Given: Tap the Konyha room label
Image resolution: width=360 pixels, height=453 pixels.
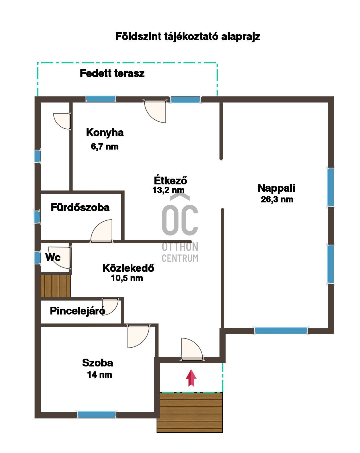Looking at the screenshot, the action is pos(105,133).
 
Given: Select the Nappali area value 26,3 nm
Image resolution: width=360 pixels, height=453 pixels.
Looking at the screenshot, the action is pos(277,199).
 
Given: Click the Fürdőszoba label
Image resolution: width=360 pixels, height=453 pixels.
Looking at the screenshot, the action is pos(80,207).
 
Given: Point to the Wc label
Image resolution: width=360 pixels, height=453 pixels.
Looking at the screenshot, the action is pos(53,257).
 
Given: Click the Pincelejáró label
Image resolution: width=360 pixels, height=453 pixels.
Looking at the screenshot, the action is pos(78,311).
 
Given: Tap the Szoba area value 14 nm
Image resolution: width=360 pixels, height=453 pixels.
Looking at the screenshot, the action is pos(99,375).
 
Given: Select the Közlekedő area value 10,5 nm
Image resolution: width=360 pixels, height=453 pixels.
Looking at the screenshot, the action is pos(127,278).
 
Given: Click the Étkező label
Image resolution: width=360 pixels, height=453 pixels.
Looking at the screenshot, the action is pos(170,180).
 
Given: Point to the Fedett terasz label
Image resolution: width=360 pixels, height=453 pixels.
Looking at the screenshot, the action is pos(112,73).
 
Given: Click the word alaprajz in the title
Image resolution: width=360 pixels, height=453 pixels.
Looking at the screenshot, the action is pos(241,37).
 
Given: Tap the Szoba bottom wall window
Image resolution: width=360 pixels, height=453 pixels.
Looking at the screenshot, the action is pos(97,415).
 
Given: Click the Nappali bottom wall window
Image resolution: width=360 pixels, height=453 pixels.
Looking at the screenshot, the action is pos(281,331).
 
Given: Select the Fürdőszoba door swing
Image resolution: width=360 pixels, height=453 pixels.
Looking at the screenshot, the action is pos(102,231).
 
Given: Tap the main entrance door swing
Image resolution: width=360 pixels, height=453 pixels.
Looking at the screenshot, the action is pos(192,349).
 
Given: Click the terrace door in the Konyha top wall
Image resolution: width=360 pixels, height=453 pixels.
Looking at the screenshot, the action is pos(155,111).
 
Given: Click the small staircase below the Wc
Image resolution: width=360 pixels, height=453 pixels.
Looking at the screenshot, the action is pos(55,286).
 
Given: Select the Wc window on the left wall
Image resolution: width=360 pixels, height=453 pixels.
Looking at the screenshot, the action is pos(37,258).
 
